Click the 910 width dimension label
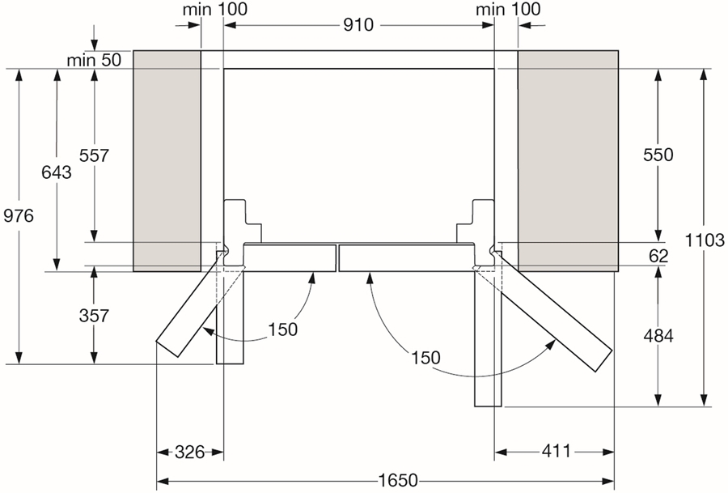click(x=358, y=24)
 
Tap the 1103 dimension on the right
click(x=705, y=240)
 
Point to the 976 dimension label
click(x=19, y=215)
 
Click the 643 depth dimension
click(x=57, y=172)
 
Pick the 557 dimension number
click(x=94, y=155)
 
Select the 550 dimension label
click(x=658, y=155)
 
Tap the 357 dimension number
click(x=94, y=316)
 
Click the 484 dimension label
click(x=658, y=335)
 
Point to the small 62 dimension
click(x=658, y=256)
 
